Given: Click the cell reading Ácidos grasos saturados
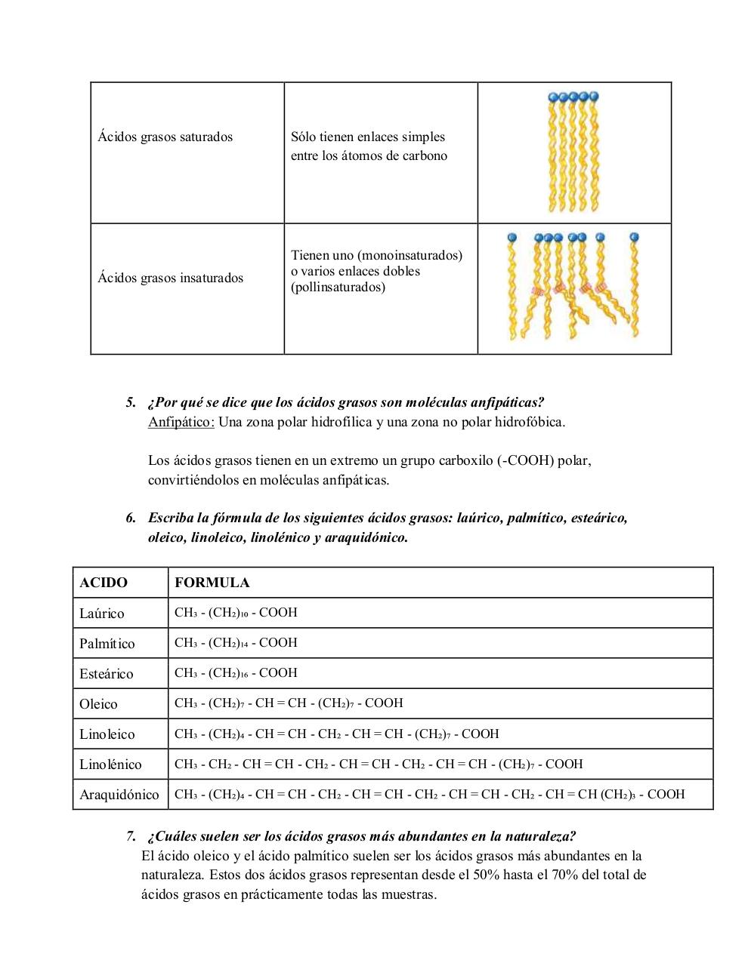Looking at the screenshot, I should tap(165, 137).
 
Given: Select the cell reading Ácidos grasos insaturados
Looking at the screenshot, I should tap(171, 278).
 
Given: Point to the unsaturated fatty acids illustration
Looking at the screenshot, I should tap(573, 288).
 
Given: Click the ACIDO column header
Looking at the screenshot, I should tap(104, 583).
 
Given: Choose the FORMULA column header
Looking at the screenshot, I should tap(212, 583).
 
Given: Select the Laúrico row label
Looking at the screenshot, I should tap(102, 614).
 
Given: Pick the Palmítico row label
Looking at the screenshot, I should tap(107, 644).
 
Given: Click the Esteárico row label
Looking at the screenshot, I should tap(107, 674).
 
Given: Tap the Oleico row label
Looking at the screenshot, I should tap(99, 704).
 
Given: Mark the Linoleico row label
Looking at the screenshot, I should tap(107, 734).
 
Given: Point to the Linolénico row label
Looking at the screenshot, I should tap(110, 764).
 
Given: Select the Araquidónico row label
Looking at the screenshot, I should tap(119, 795).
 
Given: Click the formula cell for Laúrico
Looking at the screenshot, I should tap(236, 613).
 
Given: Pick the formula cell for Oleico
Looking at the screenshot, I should tap(289, 703).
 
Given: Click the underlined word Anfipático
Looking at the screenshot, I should tap(181, 422).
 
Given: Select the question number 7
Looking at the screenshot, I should tap(131, 836).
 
